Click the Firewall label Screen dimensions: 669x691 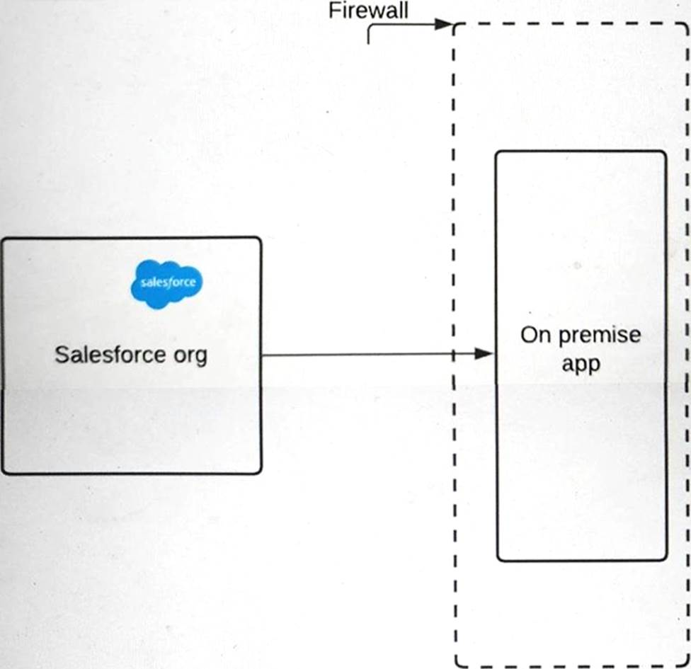368,11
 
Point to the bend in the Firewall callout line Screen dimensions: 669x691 370,25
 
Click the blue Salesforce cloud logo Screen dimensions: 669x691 167,283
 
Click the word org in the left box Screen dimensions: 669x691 190,355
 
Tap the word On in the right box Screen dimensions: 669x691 535,335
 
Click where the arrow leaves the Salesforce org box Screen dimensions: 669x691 262,355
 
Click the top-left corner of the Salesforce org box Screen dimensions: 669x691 3,239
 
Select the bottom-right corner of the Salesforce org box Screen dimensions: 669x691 260,471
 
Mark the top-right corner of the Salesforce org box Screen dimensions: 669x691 260,239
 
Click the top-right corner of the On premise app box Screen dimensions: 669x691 665,152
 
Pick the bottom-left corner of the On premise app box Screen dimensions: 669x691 498,559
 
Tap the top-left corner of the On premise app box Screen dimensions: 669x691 497,152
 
